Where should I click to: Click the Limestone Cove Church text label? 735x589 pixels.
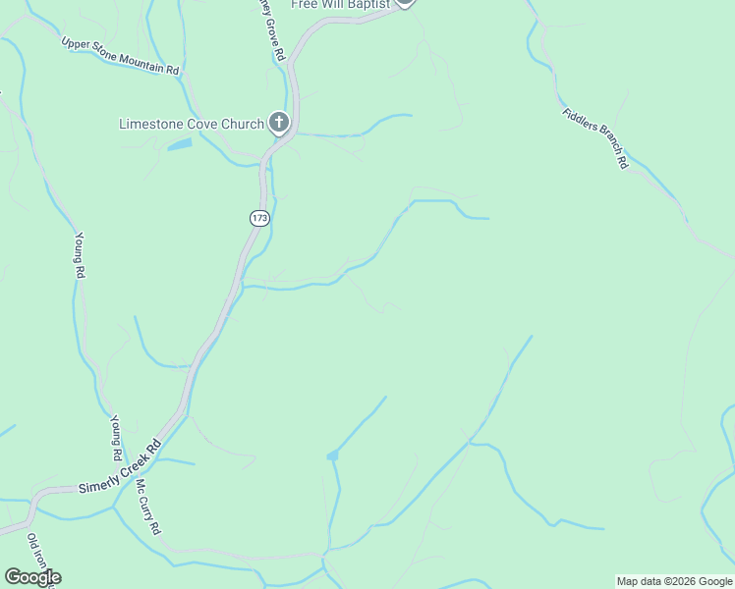pyautogui.click(x=191, y=124)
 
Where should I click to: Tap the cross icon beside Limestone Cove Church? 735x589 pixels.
pyautogui.click(x=279, y=123)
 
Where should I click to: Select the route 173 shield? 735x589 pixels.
pyautogui.click(x=258, y=218)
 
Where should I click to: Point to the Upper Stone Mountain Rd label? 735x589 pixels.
pyautogui.click(x=120, y=57)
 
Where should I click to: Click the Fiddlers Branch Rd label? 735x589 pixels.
pyautogui.click(x=595, y=137)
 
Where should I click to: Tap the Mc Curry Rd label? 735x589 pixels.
pyautogui.click(x=147, y=508)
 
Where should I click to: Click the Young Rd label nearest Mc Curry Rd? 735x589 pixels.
pyautogui.click(x=116, y=438)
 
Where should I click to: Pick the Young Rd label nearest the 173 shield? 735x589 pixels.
pyautogui.click(x=78, y=255)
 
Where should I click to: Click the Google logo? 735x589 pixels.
pyautogui.click(x=31, y=577)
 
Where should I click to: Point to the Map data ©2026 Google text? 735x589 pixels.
pyautogui.click(x=674, y=581)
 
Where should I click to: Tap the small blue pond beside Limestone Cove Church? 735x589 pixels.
pyautogui.click(x=180, y=145)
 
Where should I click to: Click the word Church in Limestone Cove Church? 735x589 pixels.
pyautogui.click(x=241, y=124)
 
